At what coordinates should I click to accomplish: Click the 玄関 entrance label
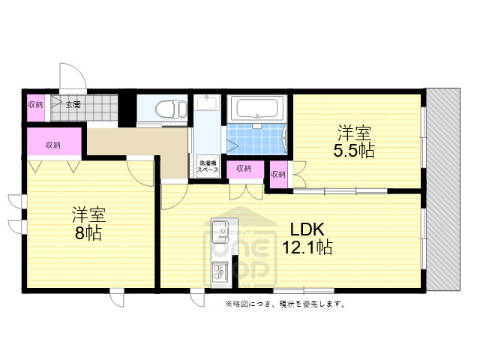[73, 105]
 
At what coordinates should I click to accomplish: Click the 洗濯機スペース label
[208, 166]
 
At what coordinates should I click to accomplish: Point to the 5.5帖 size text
[354, 150]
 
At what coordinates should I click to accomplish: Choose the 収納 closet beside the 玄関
[35, 105]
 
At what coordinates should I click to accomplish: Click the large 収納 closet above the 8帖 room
[52, 144]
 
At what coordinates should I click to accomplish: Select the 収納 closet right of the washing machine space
[244, 169]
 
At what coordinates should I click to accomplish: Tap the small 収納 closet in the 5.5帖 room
[277, 175]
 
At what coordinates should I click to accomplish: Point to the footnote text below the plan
[284, 304]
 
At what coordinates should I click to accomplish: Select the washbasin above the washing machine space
[206, 104]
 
